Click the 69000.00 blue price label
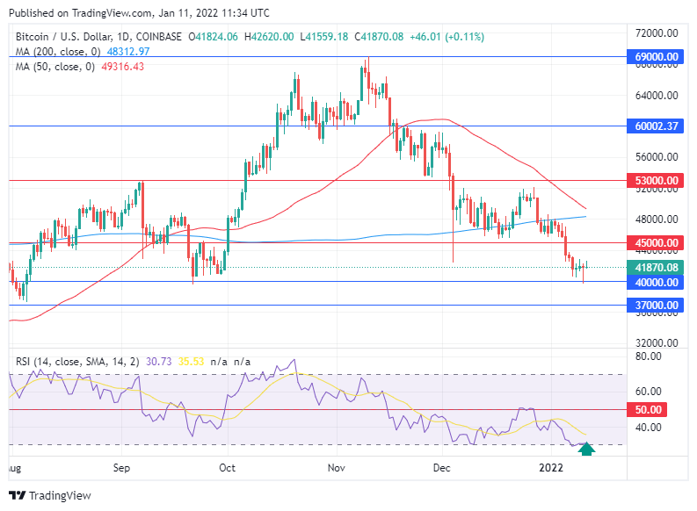point(658,56)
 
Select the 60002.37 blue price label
point(658,126)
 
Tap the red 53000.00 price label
point(658,180)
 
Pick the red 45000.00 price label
point(658,242)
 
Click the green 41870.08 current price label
point(658,267)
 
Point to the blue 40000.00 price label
point(658,282)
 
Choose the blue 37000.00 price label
point(658,305)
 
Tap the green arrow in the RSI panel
point(587,449)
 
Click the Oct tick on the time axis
point(227,469)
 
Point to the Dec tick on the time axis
point(442,469)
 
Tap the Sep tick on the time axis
point(122,469)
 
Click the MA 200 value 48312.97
point(128,52)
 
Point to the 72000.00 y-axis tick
point(658,32)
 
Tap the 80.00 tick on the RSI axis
point(649,357)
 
